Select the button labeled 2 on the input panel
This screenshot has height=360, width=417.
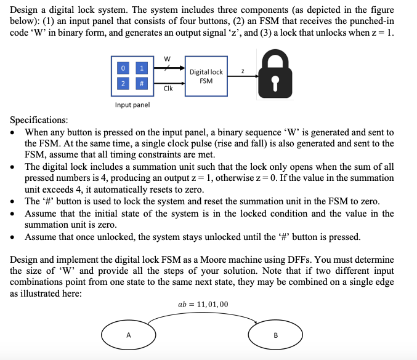coord(124,84)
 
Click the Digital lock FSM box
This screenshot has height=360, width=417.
coord(206,76)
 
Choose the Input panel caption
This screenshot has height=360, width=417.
coord(132,105)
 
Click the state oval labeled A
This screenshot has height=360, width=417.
coord(129,335)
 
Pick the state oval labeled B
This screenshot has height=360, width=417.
coord(275,335)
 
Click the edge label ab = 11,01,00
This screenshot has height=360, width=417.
coord(203,304)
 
